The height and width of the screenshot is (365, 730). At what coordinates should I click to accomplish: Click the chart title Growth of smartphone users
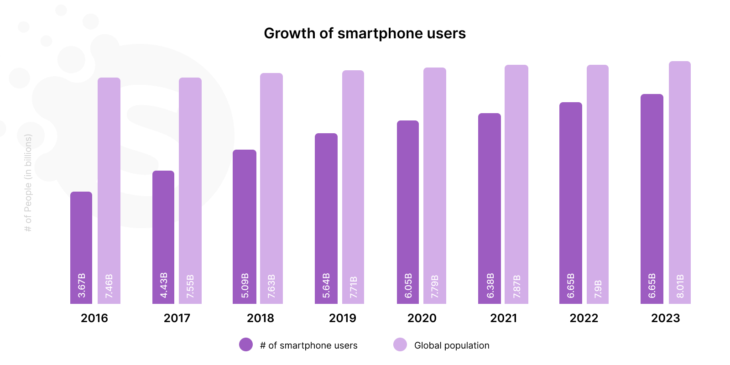[x=365, y=33]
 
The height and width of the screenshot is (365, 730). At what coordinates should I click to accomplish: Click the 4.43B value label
[x=164, y=285]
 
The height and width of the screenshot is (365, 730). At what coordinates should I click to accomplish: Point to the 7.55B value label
[x=190, y=286]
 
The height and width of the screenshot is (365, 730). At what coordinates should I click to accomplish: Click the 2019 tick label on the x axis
[x=343, y=318]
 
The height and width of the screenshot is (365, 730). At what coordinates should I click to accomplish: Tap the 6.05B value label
[x=408, y=286]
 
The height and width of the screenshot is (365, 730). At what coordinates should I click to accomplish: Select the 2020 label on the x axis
[x=422, y=318]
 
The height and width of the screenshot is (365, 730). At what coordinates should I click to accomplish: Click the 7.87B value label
[x=517, y=286]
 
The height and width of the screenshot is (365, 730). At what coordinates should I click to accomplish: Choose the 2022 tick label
[x=584, y=318]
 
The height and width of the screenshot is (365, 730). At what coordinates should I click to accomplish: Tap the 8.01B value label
[x=680, y=286]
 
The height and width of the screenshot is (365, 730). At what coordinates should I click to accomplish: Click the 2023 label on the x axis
[x=666, y=318]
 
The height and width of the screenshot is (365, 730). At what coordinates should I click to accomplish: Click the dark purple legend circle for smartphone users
[x=246, y=344]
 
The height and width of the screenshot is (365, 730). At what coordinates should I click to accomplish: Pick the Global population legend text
[x=452, y=345]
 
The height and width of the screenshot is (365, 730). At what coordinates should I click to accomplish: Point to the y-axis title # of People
[x=28, y=182]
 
